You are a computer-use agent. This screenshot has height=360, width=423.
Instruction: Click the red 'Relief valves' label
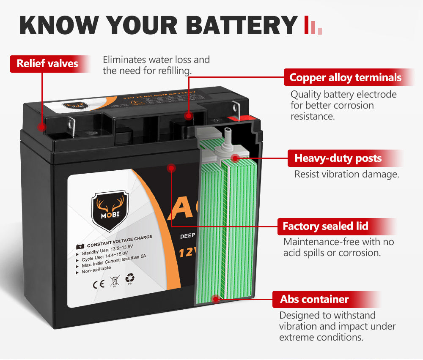47,63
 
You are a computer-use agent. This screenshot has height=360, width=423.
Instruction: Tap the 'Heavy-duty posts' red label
338,158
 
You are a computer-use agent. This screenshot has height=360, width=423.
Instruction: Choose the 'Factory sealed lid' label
325,226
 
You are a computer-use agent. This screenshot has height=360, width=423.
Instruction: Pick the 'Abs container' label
314,300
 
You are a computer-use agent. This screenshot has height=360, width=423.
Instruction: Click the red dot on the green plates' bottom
216,299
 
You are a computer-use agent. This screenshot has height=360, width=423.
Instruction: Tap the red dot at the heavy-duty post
236,158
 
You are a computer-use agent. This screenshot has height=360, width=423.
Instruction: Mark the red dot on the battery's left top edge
41,126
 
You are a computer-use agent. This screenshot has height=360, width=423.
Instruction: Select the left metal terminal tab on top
71,125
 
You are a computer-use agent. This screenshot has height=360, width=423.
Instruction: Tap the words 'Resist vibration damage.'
346,174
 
